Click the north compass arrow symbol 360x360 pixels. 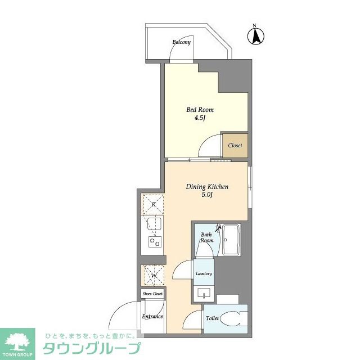[x=255, y=36]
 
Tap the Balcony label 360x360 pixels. [x=181, y=42]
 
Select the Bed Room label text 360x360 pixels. [x=200, y=110]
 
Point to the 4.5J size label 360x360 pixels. [x=200, y=118]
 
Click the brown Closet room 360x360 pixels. [x=235, y=146]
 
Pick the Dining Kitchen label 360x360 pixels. [x=207, y=186]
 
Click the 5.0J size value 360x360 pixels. [x=207, y=195]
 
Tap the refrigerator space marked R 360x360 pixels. [x=154, y=204]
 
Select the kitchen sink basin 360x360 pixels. [x=154, y=224]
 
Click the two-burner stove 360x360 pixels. [x=155, y=241]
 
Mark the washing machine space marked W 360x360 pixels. [x=154, y=276]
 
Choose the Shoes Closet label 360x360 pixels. [x=152, y=294]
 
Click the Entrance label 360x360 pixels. [x=152, y=316]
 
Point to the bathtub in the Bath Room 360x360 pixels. [x=231, y=240]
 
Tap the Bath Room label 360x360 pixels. [x=207, y=237]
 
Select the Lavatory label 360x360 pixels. [x=204, y=274]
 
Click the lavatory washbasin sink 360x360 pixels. [x=204, y=294]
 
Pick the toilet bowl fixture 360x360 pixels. [x=232, y=318]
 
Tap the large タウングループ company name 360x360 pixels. [x=92, y=348]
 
